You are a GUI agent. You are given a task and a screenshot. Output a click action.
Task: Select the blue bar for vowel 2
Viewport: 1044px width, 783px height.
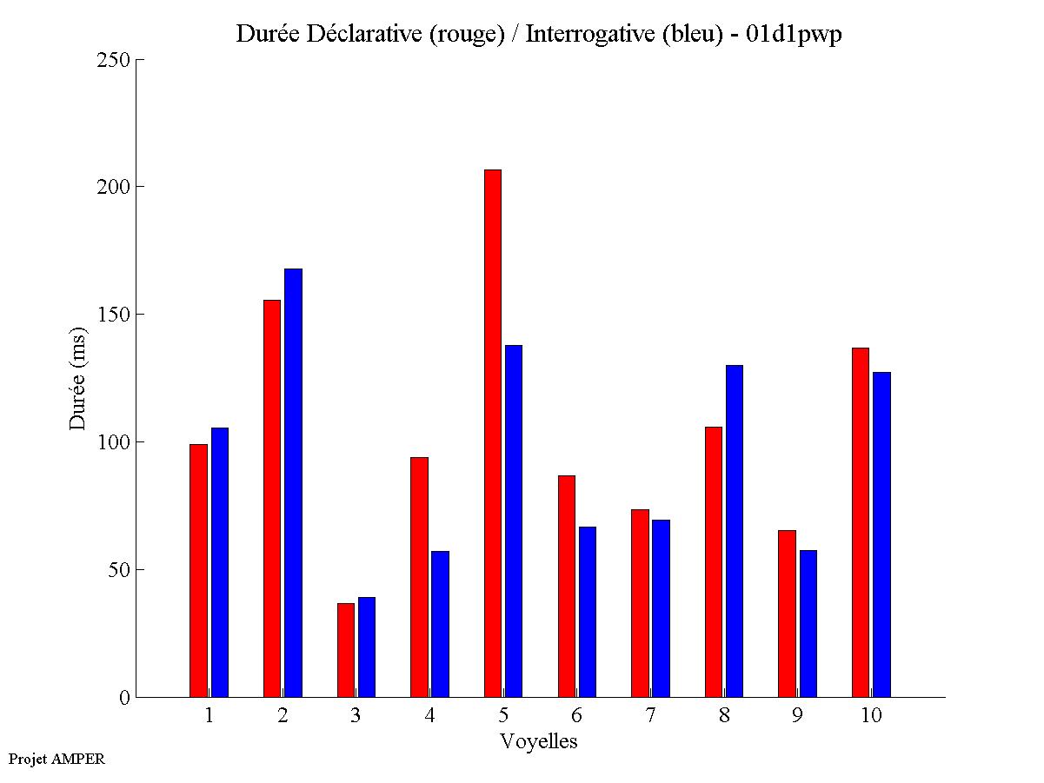pos(293,482)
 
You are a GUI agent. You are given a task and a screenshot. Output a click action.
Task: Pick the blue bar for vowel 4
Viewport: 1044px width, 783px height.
pos(440,624)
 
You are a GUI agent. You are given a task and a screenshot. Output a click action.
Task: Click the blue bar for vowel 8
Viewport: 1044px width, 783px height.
pos(735,531)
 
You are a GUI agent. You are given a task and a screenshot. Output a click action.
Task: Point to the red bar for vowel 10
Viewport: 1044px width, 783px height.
pos(861,522)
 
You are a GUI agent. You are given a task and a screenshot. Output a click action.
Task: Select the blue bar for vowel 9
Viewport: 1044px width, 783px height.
pos(808,623)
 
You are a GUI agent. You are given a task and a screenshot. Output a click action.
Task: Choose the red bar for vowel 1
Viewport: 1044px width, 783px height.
pos(198,570)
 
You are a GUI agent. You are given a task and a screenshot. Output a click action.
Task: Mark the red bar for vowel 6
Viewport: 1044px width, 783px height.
pos(567,586)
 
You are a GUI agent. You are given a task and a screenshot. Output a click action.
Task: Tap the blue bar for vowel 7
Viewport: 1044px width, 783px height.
pos(661,608)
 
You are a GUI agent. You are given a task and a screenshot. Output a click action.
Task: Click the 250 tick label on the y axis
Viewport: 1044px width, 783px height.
pos(115,60)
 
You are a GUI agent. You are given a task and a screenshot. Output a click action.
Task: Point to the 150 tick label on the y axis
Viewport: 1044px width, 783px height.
pos(115,315)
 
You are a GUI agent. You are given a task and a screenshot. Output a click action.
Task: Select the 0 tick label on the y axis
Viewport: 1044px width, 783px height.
pos(123,697)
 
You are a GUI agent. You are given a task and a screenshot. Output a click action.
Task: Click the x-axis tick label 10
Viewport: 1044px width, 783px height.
pos(871,716)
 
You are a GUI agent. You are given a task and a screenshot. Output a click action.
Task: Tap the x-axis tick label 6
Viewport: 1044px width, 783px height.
pos(577,716)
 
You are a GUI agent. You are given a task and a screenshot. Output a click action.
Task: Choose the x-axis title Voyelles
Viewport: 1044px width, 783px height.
pos(539,741)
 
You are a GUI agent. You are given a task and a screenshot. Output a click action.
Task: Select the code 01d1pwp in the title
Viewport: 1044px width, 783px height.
pos(794,35)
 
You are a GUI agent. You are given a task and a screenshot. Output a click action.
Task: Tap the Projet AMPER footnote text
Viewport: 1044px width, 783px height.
pos(57,759)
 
